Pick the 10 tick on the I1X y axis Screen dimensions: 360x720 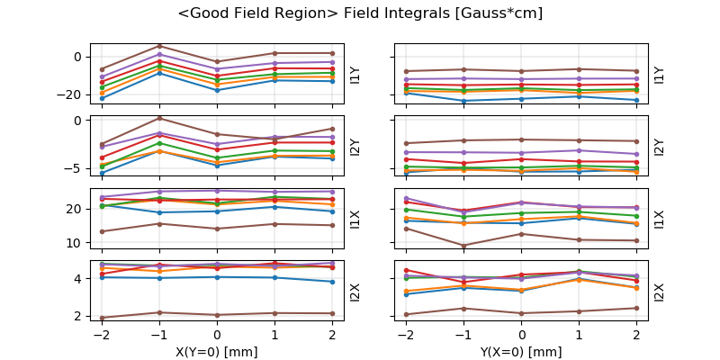76,243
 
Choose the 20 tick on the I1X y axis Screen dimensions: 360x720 76,209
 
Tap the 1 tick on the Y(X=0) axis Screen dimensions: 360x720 579,334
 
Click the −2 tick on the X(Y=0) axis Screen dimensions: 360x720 99,334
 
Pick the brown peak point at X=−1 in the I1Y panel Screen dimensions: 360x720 159,46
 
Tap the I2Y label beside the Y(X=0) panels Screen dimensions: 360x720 660,147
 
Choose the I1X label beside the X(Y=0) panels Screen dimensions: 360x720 355,218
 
